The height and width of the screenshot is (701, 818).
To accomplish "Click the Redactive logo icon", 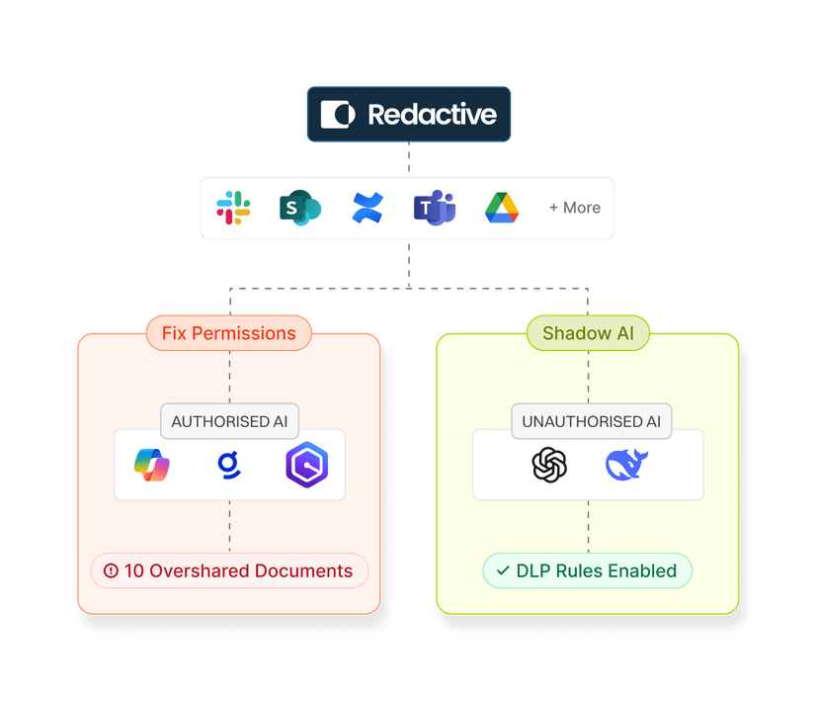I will [x=338, y=115].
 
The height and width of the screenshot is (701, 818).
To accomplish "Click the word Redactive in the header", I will [x=432, y=115].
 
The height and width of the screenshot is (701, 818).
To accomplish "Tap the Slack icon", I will [x=233, y=208].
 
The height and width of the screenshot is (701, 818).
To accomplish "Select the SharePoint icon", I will [x=298, y=208].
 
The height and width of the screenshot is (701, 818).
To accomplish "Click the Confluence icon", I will [x=367, y=208].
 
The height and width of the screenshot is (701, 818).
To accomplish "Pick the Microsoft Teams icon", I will [x=434, y=208].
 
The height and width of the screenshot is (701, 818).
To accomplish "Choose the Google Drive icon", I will [x=502, y=208].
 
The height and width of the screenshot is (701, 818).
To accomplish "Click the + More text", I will [x=575, y=208].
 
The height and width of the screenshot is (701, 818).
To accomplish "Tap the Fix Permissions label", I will [x=229, y=333].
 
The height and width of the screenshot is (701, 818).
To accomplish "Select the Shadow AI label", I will [x=589, y=333].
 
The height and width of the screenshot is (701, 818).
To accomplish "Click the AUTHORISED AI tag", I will [x=228, y=421].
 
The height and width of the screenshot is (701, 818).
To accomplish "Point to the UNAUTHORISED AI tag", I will [x=591, y=421].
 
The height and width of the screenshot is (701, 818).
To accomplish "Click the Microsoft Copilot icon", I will [x=152, y=465].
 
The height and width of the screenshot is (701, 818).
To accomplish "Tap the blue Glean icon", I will [x=228, y=465].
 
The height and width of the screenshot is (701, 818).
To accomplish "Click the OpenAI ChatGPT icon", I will [x=549, y=465].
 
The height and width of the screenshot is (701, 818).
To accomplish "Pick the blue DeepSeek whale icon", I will [x=626, y=465].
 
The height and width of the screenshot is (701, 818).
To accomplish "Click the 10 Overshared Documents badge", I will [x=229, y=570].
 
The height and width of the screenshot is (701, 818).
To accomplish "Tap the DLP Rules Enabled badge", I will [x=587, y=570].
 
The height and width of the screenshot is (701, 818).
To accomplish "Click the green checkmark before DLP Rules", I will [x=503, y=570].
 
